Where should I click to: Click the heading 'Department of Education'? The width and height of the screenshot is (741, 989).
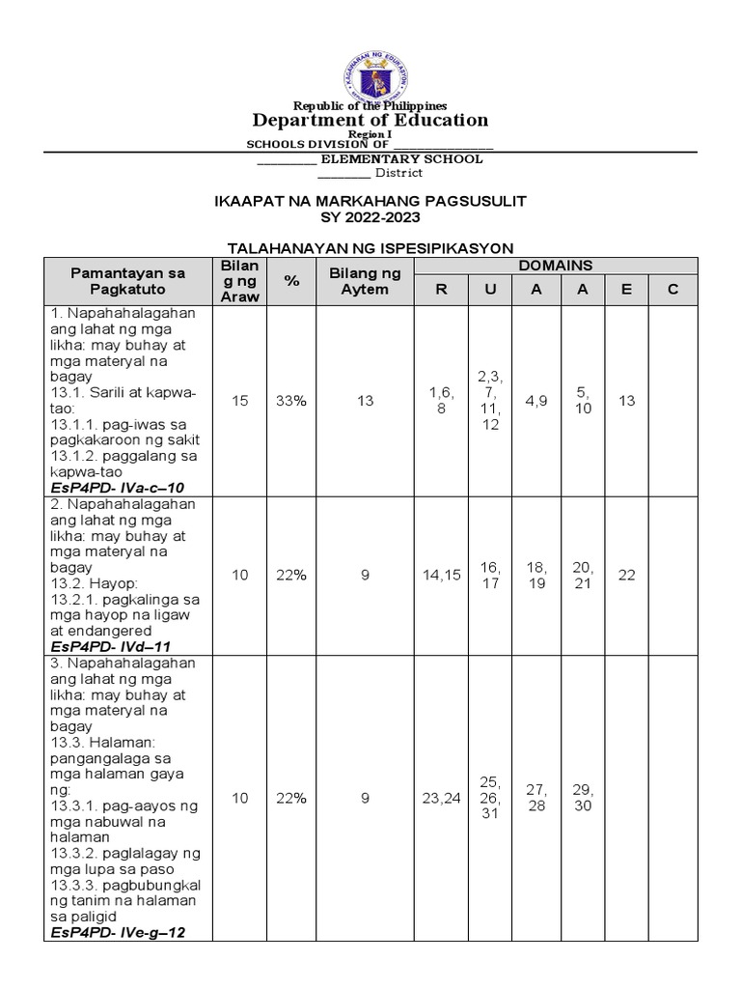[x=370, y=120]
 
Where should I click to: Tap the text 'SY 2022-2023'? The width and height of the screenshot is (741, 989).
[x=370, y=217]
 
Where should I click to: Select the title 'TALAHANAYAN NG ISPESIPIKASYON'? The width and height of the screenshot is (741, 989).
[x=370, y=248]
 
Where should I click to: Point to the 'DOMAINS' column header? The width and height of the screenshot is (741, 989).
[x=556, y=266]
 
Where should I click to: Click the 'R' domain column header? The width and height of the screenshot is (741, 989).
[x=441, y=290]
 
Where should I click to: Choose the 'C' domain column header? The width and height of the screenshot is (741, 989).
[x=672, y=290]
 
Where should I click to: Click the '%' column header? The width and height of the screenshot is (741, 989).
[x=290, y=280]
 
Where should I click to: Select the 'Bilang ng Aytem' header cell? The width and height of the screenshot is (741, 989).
[x=365, y=281]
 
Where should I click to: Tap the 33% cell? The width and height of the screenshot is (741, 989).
[x=290, y=401]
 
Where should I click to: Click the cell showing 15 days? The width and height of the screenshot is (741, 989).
[x=240, y=401]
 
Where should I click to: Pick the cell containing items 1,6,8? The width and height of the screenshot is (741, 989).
[x=441, y=401]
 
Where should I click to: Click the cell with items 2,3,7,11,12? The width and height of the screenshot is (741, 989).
[x=490, y=400]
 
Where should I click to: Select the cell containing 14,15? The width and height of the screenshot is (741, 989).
[x=441, y=575]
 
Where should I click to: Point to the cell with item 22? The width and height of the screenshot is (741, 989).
[x=627, y=575]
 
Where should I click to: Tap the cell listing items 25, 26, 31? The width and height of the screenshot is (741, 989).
[x=490, y=798]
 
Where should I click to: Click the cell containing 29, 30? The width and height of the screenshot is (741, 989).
[x=583, y=798]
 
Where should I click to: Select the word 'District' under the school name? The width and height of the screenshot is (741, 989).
[x=398, y=173]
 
